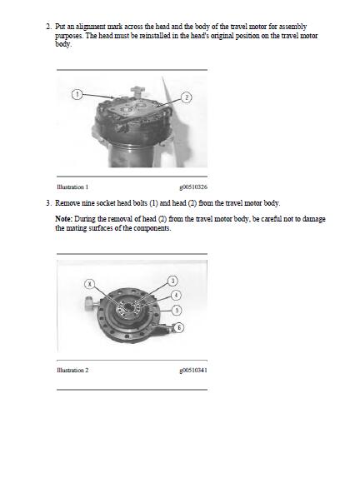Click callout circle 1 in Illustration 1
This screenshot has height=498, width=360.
[77, 94]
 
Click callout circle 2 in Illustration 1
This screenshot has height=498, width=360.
[187, 97]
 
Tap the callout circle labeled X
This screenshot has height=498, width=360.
[90, 284]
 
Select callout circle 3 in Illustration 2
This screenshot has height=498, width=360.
[172, 281]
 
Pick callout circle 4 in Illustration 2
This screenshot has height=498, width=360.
[176, 295]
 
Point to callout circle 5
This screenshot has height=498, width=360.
[177, 310]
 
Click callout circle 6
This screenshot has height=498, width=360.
[179, 327]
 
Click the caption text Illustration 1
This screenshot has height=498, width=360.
[72, 187]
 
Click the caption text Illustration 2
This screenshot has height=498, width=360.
[72, 371]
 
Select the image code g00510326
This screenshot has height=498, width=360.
[193, 187]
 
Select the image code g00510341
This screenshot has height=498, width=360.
[193, 371]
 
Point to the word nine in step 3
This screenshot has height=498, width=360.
[88, 203]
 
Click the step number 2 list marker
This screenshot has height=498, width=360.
[48, 27]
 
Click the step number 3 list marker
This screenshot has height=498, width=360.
[48, 203]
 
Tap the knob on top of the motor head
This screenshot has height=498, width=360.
[137, 91]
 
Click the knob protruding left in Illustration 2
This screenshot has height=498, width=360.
[90, 303]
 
